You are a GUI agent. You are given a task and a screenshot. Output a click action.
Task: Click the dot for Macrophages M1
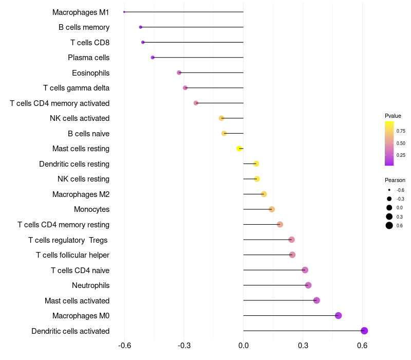tap(124, 12)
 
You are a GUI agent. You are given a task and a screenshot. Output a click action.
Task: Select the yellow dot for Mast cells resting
tap(239, 149)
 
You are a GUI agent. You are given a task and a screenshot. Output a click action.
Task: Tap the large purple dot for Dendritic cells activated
tap(364, 331)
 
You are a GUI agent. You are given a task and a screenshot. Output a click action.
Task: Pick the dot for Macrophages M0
tap(339, 315)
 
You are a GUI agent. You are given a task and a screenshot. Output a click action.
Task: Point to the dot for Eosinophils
tap(179, 73)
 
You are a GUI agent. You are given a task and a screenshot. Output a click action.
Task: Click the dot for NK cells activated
tap(221, 118)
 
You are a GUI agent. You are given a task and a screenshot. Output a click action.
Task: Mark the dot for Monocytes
tap(272, 209)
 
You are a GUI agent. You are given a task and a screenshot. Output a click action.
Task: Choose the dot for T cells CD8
tap(143, 42)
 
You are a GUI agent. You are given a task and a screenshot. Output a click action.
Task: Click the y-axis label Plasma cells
tap(88, 58)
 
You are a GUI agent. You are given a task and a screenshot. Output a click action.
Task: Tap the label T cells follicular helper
tap(72, 255)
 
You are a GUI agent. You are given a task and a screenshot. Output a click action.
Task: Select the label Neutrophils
tap(91, 285)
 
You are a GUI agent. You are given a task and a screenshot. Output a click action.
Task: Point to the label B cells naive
tap(88, 134)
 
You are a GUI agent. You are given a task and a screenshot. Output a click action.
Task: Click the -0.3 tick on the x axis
tap(184, 345)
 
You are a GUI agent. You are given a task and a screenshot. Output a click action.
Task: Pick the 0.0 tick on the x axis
tap(244, 345)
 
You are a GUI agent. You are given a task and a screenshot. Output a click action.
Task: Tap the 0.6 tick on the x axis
tap(362, 345)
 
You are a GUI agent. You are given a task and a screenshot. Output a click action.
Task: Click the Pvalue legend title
tap(393, 116)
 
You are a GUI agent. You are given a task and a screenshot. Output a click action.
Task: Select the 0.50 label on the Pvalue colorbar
tap(401, 143)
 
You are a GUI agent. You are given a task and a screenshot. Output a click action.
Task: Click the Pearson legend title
tap(395, 180)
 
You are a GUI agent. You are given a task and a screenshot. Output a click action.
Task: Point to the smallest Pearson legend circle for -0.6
tap(389, 190)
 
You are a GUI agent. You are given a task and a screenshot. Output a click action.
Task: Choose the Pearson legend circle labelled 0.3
tap(389, 217)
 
